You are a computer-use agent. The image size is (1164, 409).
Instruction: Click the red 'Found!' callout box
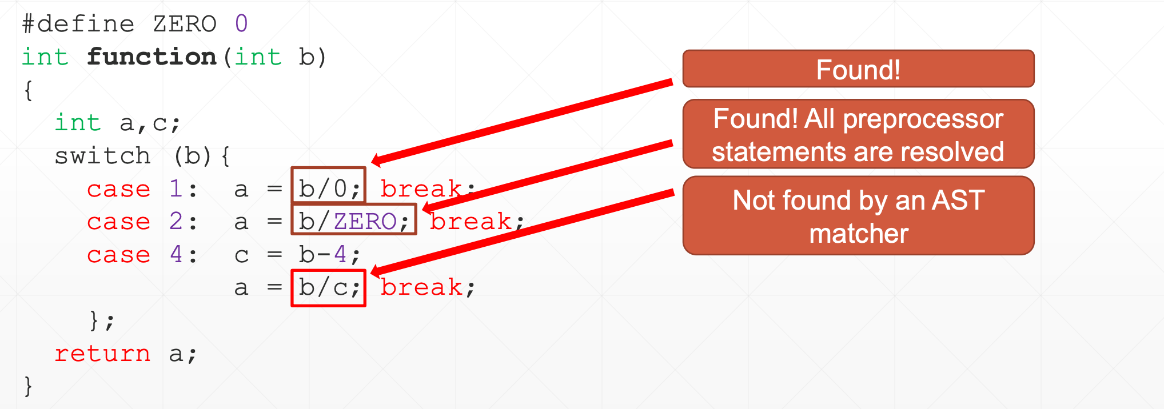point(858,69)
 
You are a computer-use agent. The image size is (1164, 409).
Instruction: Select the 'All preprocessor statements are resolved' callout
point(858,134)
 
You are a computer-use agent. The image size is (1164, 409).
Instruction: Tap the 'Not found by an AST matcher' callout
point(858,216)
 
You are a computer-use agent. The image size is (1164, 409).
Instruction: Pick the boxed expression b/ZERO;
point(354,219)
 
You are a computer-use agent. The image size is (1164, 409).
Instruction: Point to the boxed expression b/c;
point(328,288)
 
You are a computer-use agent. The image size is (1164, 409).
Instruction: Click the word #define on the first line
point(78,24)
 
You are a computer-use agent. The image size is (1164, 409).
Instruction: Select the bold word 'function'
point(152,57)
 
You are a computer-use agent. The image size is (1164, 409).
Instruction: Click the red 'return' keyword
point(102,354)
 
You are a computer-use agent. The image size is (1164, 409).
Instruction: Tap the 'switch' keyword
point(102,155)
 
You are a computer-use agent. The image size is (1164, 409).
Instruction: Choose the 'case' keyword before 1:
point(118,189)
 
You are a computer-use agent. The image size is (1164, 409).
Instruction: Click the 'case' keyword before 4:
point(118,255)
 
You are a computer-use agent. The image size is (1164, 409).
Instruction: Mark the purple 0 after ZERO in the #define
point(241,24)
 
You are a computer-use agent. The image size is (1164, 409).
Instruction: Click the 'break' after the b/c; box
point(421,287)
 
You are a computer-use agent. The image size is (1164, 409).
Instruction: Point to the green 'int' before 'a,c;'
point(78,123)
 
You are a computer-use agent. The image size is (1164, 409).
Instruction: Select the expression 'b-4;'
point(330,255)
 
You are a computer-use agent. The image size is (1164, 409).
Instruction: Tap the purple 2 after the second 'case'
point(176,221)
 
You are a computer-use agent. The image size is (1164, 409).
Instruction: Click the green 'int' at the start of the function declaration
point(45,57)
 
